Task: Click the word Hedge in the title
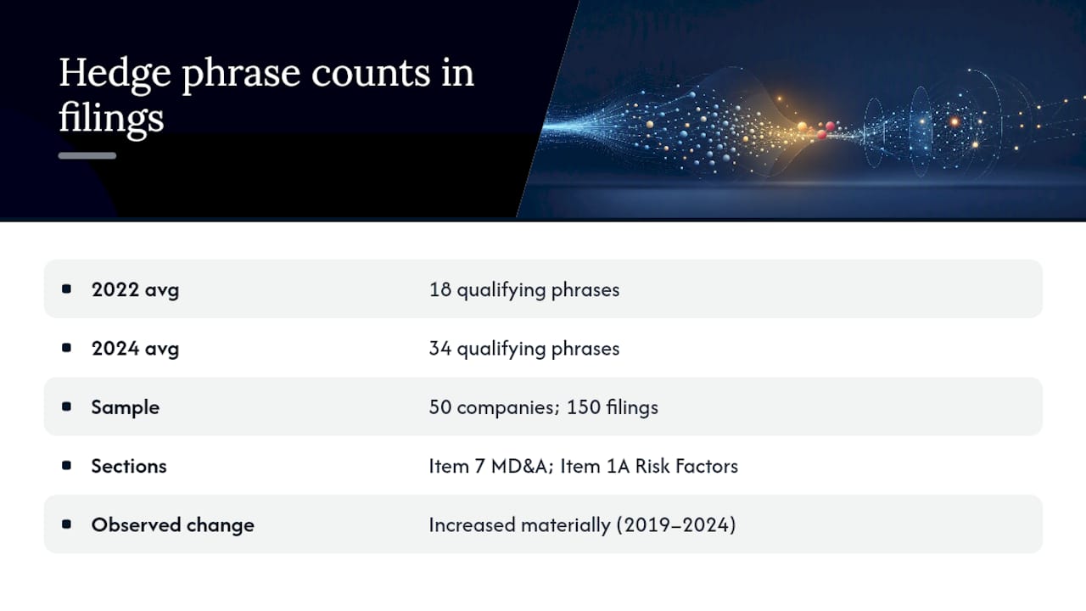115,74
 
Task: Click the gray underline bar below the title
87,155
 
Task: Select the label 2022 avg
135,290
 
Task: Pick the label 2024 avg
135,349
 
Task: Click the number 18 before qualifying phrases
440,289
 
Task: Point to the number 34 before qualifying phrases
440,348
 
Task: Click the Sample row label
125,407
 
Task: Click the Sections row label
129,466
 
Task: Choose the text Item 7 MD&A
490,466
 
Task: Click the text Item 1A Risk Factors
649,466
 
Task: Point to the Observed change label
172,524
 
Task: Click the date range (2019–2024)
676,525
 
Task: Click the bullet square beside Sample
66,406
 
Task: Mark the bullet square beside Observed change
66,524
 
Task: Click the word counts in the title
371,74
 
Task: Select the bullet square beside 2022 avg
66,289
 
